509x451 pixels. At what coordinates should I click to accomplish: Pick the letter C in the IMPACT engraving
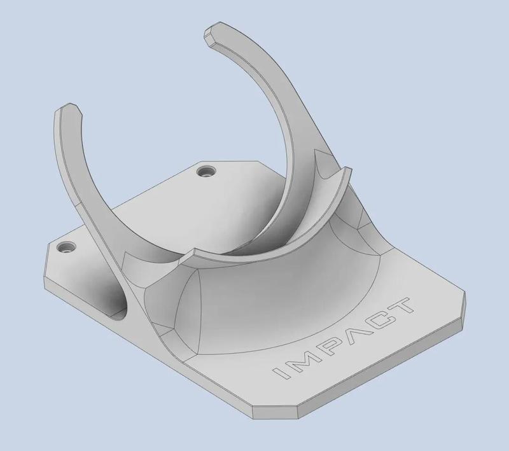pos(380,318)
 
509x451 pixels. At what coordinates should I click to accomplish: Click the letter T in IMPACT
pos(403,306)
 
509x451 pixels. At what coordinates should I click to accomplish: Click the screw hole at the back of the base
pos(205,171)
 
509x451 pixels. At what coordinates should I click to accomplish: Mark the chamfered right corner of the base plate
pos(463,305)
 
